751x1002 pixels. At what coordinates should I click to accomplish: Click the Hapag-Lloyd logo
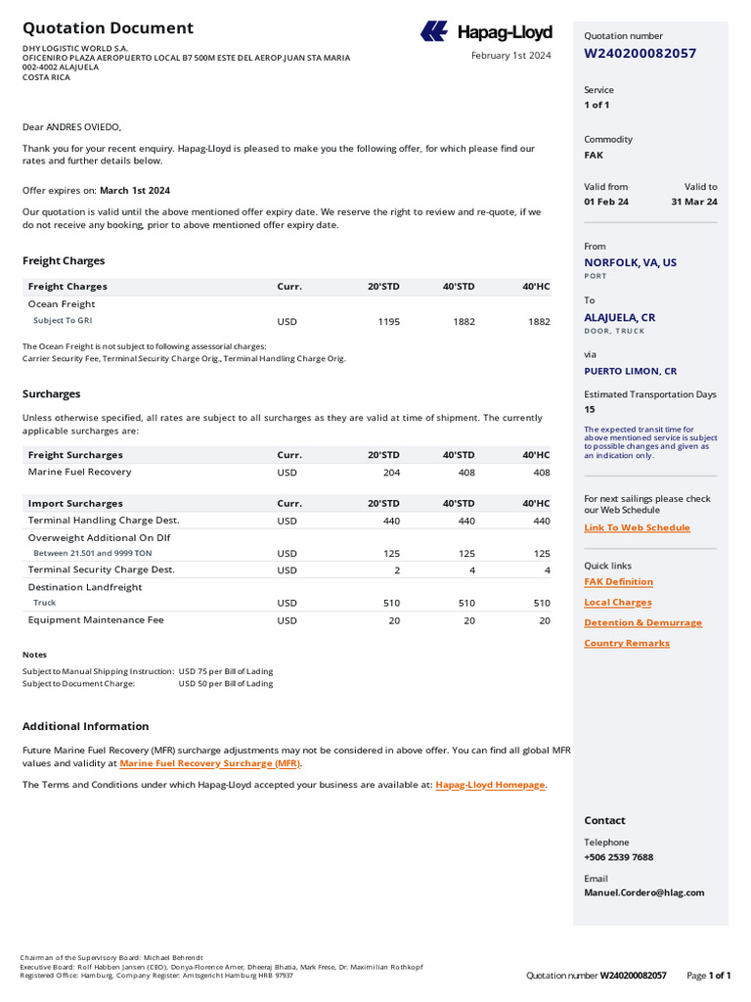point(486,32)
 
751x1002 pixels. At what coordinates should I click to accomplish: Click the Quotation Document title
point(108,28)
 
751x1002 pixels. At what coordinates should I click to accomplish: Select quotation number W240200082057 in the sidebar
point(640,53)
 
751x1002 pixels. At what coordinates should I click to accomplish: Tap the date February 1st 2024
point(510,56)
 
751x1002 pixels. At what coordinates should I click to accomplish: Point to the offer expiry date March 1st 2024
point(135,190)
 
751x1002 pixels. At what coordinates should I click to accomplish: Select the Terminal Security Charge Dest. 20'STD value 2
point(396,570)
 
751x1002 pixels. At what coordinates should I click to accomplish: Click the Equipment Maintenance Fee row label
point(96,620)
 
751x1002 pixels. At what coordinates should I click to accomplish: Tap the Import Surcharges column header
point(75,503)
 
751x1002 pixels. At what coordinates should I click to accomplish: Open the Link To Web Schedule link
point(637,527)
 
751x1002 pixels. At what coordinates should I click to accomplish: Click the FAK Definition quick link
point(618,582)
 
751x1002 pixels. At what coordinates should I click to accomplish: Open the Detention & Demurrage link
point(642,622)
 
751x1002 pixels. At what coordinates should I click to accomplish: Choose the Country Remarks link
point(627,643)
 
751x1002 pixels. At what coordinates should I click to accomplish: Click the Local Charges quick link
point(617,603)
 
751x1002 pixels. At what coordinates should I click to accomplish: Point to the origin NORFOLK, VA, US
point(630,262)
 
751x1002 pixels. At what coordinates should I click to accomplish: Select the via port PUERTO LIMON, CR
point(630,371)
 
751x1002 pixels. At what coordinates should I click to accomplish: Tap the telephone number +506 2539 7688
point(618,857)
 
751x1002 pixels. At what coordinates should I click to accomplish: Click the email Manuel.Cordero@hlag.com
point(643,892)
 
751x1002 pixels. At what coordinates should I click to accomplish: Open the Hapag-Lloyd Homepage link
point(490,785)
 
